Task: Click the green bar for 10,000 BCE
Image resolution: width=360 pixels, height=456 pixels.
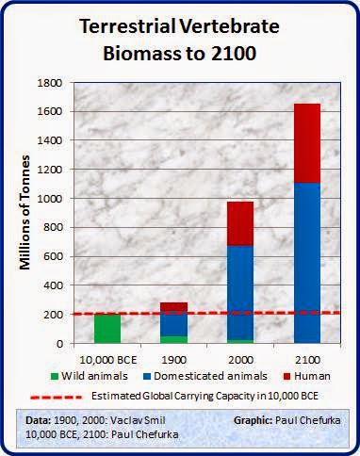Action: tap(107, 329)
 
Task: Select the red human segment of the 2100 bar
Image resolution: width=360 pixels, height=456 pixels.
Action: tap(307, 143)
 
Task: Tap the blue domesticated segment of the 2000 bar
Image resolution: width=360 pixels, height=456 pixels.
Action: tap(240, 293)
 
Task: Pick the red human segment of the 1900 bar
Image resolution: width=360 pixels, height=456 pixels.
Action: tap(173, 308)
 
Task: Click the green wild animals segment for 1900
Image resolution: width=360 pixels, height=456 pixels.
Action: tap(173, 340)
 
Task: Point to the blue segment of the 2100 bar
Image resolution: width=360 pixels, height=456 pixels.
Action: tap(307, 263)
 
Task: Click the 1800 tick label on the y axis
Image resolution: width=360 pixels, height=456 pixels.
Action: tap(50, 83)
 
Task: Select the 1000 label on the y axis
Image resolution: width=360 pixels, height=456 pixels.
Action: tap(50, 199)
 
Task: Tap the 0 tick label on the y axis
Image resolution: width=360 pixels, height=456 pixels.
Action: tap(59, 344)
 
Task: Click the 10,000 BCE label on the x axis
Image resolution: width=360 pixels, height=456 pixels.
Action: tap(108, 360)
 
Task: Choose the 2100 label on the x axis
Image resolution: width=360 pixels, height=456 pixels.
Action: tap(307, 360)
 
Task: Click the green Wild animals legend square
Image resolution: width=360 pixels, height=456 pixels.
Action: tap(55, 376)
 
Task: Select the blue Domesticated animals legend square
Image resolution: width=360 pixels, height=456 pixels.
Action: tap(147, 376)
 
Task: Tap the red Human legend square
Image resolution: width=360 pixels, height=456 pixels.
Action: tap(287, 376)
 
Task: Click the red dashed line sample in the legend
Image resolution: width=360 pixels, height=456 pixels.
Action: tap(57, 397)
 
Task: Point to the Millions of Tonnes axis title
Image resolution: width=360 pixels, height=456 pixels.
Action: tap(25, 213)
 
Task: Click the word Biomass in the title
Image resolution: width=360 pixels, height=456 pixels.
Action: tap(147, 54)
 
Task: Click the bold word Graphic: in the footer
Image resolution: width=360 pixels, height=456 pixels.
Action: tap(253, 420)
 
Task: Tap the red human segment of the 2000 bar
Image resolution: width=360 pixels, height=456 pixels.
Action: tap(240, 223)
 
